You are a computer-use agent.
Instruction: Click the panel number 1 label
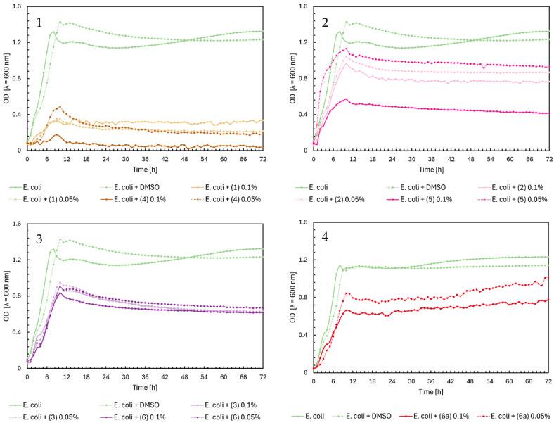[x=40, y=23]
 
